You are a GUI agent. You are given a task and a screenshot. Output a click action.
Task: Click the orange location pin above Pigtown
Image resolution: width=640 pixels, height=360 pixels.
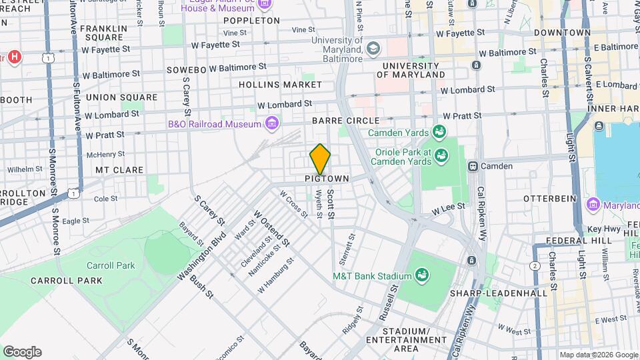(321, 159)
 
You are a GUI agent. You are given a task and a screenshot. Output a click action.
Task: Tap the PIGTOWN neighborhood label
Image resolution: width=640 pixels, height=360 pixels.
(327, 179)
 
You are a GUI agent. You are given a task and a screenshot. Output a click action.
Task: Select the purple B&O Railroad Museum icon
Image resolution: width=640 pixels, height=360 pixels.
(271, 123)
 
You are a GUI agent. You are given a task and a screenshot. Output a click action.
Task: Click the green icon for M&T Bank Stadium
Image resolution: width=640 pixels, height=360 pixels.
(421, 274)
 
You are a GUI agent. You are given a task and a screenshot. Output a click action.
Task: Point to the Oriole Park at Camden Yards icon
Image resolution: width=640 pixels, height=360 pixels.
(441, 156)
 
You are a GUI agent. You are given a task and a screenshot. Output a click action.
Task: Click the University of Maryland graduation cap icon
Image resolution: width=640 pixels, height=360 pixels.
(373, 48)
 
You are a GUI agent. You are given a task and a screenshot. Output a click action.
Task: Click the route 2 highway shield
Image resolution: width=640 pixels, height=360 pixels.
(534, 266)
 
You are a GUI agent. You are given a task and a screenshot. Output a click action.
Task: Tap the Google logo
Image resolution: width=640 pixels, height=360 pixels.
(22, 352)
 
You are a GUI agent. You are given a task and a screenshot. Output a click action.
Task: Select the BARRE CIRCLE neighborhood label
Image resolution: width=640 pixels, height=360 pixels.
(346, 121)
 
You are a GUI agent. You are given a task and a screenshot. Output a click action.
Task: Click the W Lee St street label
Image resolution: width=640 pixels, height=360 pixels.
(447, 209)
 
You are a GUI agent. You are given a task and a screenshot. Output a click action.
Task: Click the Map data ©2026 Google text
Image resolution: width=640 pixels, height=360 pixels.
(598, 355)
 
